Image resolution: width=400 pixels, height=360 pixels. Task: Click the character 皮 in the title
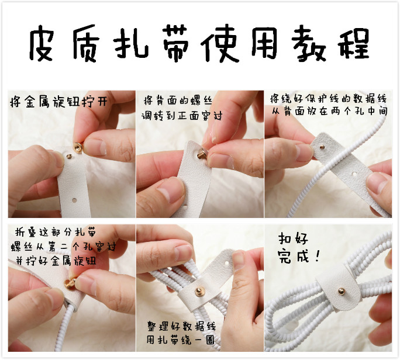click(42, 43)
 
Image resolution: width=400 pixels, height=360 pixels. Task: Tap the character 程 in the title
click(354, 43)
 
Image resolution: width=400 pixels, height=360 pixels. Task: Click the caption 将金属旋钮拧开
click(58, 102)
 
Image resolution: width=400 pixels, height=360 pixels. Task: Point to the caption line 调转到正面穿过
click(182, 116)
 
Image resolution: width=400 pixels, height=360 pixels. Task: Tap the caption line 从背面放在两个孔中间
click(329, 112)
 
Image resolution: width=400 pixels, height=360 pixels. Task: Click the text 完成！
click(299, 256)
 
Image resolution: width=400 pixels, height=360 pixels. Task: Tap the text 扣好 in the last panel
click(293, 238)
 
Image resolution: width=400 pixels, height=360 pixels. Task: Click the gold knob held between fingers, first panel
click(78, 148)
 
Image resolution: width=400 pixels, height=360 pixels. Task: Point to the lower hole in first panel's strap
click(74, 200)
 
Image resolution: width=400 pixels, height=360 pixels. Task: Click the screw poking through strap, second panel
click(202, 154)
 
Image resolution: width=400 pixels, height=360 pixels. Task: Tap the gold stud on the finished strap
click(342, 291)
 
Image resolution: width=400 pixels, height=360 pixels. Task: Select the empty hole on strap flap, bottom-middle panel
click(227, 262)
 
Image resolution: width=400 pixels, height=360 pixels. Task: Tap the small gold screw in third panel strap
click(322, 147)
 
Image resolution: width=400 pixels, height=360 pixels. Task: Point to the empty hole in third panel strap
click(354, 174)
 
